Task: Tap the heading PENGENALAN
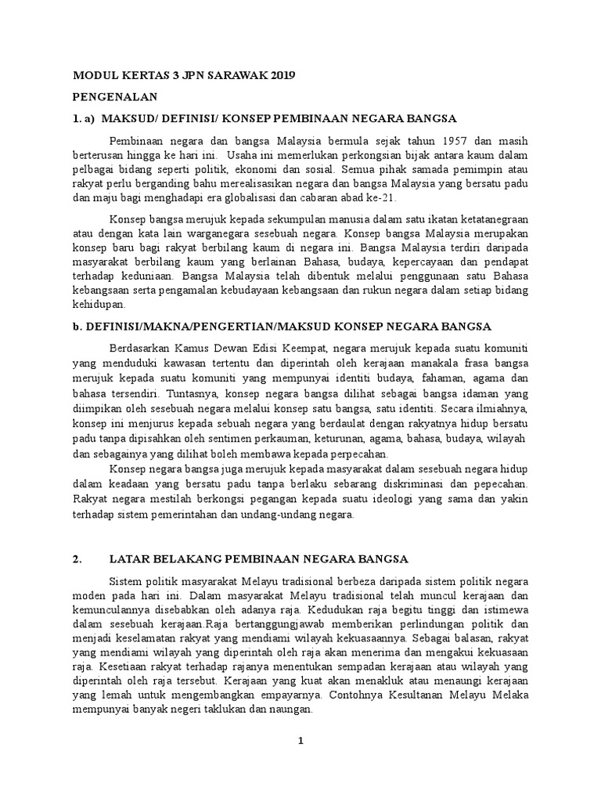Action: tap(116, 97)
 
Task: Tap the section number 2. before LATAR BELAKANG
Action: tap(77, 559)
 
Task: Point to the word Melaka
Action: tap(510, 698)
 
